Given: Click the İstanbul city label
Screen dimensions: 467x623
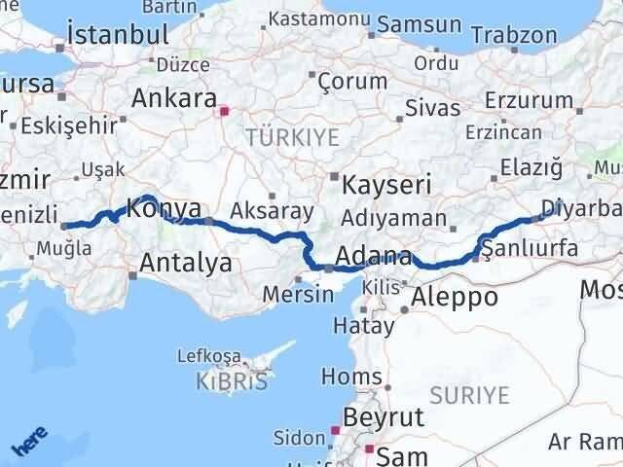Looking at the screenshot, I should (117, 35).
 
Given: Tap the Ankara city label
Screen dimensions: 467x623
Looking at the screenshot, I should (174, 98).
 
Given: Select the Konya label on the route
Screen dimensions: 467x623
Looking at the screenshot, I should (165, 208).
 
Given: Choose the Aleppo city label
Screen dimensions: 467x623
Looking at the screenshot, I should (456, 298).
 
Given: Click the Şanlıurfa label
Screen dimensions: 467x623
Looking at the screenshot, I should (530, 249).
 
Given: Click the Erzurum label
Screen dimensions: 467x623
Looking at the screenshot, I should (529, 100).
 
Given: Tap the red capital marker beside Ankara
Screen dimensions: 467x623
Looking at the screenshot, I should (225, 111).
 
